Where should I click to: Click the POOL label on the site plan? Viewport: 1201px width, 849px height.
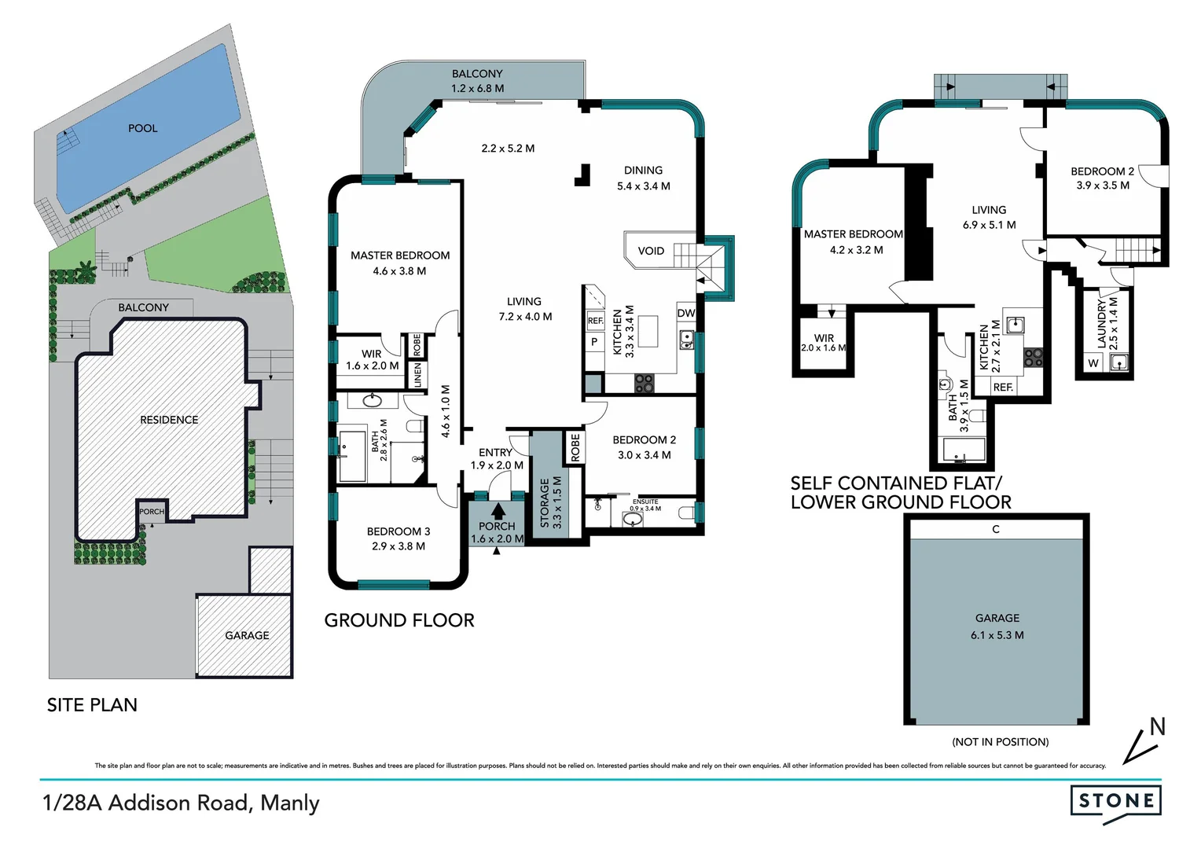pyautogui.click(x=142, y=128)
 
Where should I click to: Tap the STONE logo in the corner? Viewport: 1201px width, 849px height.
pyautogui.click(x=1115, y=801)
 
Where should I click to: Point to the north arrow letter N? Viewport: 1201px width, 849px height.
pyautogui.click(x=1157, y=727)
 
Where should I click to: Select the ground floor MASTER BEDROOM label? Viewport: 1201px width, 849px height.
pyautogui.click(x=400, y=255)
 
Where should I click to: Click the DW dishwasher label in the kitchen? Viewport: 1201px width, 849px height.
pyautogui.click(x=686, y=313)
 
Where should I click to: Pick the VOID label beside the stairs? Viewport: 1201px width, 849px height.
pyautogui.click(x=651, y=251)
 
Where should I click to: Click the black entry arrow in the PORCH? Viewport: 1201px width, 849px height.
pyautogui.click(x=498, y=511)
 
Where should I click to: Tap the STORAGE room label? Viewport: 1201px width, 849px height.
pyautogui.click(x=545, y=503)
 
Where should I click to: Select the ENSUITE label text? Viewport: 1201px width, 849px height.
pyautogui.click(x=645, y=502)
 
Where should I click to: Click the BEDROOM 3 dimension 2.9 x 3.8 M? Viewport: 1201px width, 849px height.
pyautogui.click(x=398, y=546)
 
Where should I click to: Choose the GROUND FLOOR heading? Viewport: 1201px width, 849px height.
pyautogui.click(x=399, y=620)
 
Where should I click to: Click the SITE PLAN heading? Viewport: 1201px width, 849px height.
pyautogui.click(x=92, y=705)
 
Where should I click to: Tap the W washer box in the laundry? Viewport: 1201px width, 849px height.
pyautogui.click(x=1093, y=363)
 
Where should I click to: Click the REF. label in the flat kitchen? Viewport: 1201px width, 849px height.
pyautogui.click(x=1003, y=388)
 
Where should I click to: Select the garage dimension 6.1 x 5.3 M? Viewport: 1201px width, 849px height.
pyautogui.click(x=997, y=635)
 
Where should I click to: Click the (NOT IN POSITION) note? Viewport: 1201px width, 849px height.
pyautogui.click(x=1000, y=742)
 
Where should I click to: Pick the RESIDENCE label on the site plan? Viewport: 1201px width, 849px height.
pyautogui.click(x=169, y=420)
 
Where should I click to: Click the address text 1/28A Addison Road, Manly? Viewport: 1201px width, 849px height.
pyautogui.click(x=181, y=803)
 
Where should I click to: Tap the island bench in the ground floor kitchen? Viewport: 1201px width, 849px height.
pyautogui.click(x=648, y=331)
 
